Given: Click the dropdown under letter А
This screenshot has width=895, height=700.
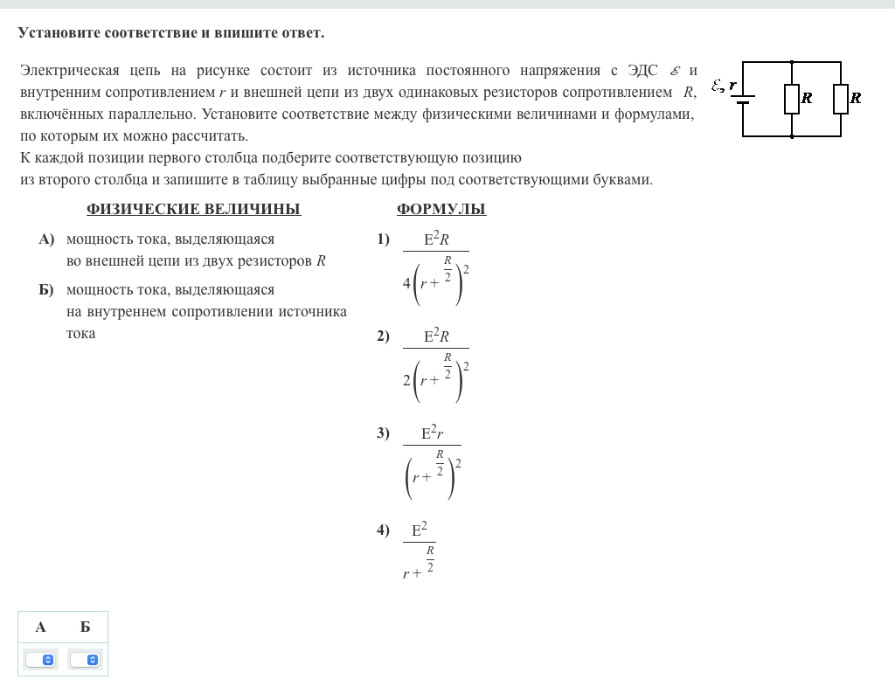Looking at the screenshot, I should pyautogui.click(x=40, y=660).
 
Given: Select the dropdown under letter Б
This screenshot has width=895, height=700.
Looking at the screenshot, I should pyautogui.click(x=85, y=660).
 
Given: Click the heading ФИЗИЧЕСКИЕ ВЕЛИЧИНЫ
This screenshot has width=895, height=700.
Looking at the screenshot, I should pyautogui.click(x=193, y=209).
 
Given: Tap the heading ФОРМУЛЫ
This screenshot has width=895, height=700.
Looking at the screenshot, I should pyautogui.click(x=441, y=209).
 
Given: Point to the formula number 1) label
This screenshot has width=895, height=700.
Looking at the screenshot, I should pyautogui.click(x=383, y=239).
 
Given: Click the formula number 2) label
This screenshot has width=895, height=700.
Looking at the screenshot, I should pyautogui.click(x=383, y=336).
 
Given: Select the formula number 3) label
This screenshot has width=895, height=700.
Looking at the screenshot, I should pyautogui.click(x=383, y=433).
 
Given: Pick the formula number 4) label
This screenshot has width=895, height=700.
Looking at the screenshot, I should pyautogui.click(x=383, y=530).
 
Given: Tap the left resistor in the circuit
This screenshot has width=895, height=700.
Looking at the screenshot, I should pyautogui.click(x=792, y=99).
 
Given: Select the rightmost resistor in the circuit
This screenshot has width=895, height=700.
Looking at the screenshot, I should pyautogui.click(x=841, y=99).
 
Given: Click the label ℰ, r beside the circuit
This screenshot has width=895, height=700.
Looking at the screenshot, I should pyautogui.click(x=723, y=86).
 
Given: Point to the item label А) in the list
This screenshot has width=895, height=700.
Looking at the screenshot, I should pyautogui.click(x=46, y=239).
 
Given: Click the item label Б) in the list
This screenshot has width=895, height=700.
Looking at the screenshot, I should pyautogui.click(x=46, y=289).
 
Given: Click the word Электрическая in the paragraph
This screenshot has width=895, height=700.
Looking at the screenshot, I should pyautogui.click(x=69, y=70).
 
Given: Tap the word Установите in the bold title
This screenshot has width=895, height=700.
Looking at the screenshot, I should pyautogui.click(x=59, y=33).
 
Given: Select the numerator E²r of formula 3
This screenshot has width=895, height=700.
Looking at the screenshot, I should pyautogui.click(x=432, y=433).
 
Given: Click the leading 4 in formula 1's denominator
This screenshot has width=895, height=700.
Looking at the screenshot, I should pyautogui.click(x=406, y=283).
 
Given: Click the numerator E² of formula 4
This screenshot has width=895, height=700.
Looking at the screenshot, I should pyautogui.click(x=419, y=530).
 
